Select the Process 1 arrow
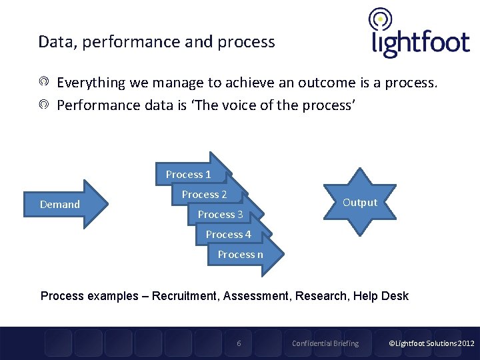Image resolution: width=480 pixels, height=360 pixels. pos(190,175)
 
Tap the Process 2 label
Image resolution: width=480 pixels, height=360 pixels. pos(204,195)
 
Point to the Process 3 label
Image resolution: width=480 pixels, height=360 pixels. pos(220,215)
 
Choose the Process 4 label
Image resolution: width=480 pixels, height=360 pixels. pos(228,235)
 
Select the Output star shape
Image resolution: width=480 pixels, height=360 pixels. pos(359,202)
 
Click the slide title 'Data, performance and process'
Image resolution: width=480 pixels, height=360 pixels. pos(157,42)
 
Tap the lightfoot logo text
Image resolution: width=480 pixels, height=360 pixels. pos(420,43)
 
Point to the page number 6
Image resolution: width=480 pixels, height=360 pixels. pos(239,343)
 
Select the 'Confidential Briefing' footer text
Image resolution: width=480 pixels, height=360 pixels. pos(325,343)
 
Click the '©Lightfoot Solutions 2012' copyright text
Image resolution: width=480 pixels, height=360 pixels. pos(431,343)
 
